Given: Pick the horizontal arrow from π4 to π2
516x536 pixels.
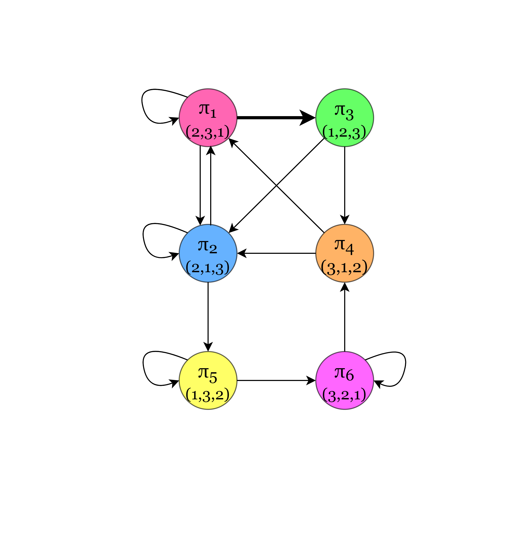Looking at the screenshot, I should tap(276, 253).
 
